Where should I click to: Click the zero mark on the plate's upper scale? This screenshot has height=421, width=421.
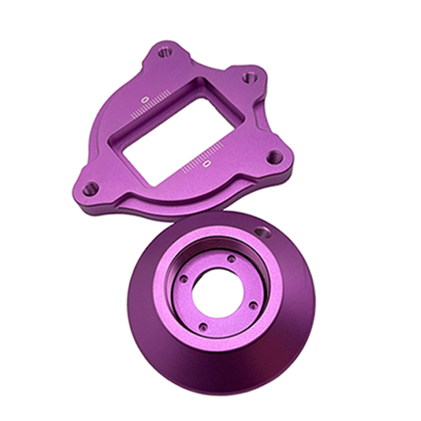145,100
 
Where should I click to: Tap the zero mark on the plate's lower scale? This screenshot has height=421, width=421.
206,163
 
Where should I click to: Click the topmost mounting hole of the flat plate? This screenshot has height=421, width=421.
165,52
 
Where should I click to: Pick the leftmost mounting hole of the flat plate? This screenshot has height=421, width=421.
91,189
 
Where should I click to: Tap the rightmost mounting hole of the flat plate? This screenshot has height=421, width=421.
275,156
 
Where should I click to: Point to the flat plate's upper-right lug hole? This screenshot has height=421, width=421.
250,77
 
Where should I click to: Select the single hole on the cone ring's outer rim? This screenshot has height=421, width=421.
263,232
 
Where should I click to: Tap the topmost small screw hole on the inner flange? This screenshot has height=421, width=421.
231,259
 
